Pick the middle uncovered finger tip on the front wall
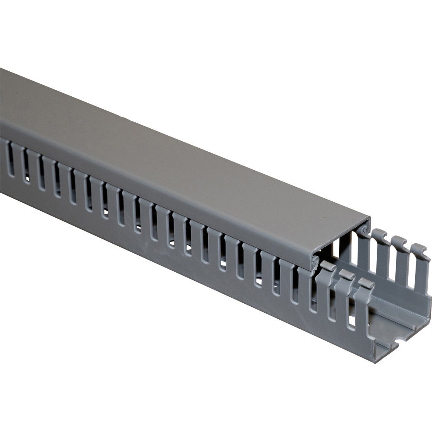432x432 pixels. [x=346, y=274]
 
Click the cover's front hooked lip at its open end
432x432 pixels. [x=314, y=261]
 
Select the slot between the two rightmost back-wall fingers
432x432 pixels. [x=410, y=268]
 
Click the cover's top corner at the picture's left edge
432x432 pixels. [x=1, y=69]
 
